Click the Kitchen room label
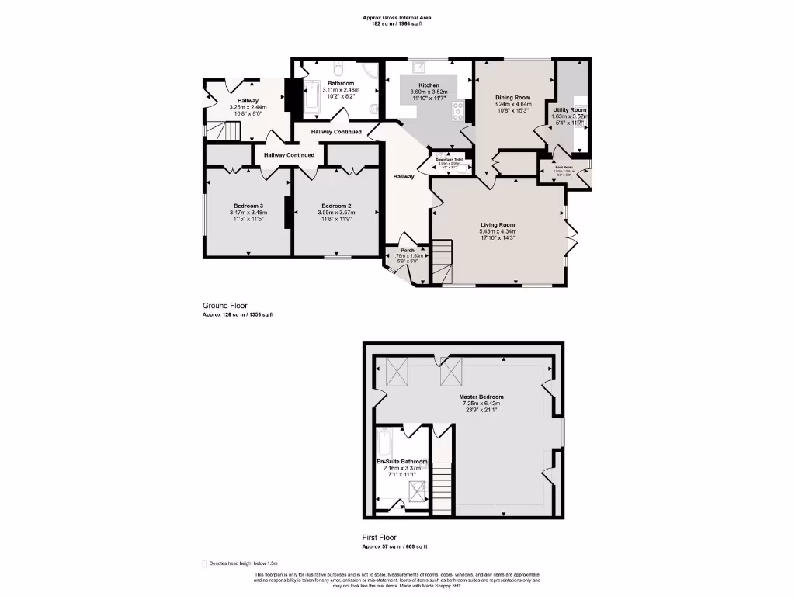click(x=429, y=85)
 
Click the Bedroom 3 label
click(x=248, y=206)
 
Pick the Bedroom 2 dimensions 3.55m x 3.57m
click(x=337, y=213)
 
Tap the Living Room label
click(x=498, y=225)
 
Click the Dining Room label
click(x=512, y=97)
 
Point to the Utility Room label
click(x=569, y=110)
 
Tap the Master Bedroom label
click(x=481, y=397)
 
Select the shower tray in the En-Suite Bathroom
click(x=417, y=490)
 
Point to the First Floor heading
click(x=379, y=537)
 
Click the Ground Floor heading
click(x=226, y=306)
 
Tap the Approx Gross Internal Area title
click(x=397, y=17)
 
